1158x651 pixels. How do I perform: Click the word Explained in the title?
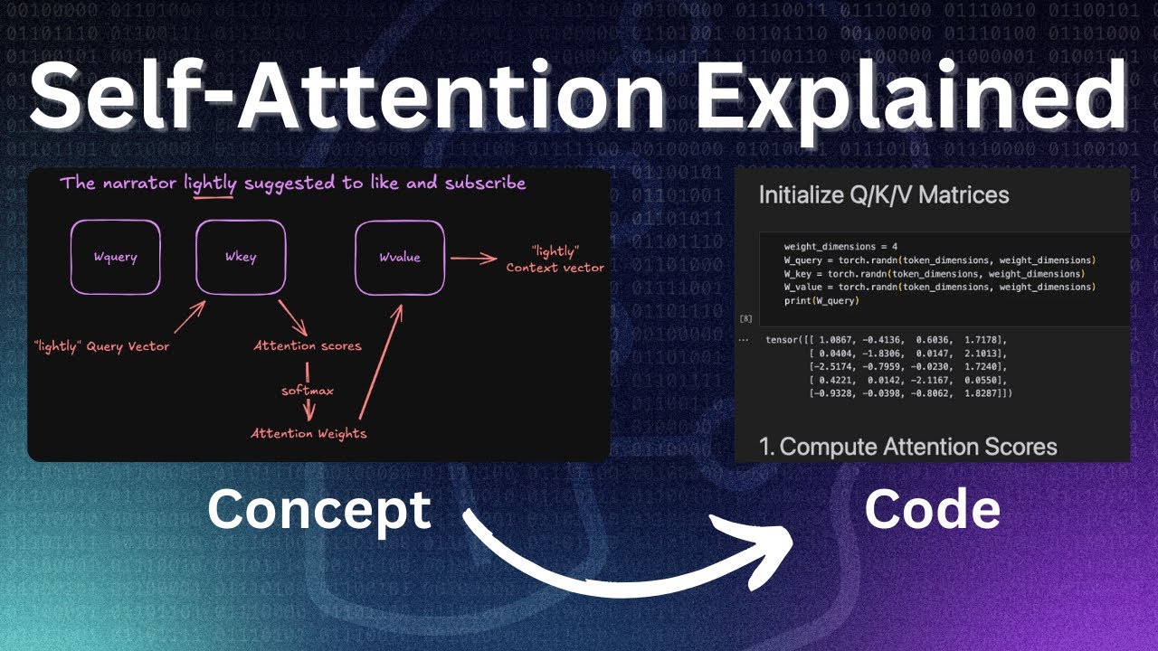tap(915, 93)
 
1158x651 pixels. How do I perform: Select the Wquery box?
tap(116, 257)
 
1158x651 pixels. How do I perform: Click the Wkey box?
tap(241, 257)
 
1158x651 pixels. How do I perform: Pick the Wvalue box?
tap(399, 257)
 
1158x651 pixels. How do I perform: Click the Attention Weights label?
tap(308, 433)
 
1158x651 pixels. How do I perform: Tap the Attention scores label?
tap(308, 345)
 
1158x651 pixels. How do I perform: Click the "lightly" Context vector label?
tap(555, 258)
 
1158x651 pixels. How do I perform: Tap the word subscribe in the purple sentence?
tap(485, 184)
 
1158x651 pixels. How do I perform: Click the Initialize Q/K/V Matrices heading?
tap(883, 194)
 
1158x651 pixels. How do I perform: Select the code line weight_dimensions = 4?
tap(840, 246)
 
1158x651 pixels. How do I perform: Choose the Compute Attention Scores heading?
tap(907, 447)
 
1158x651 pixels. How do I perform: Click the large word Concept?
tap(318, 510)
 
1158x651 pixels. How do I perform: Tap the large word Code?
tap(932, 510)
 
